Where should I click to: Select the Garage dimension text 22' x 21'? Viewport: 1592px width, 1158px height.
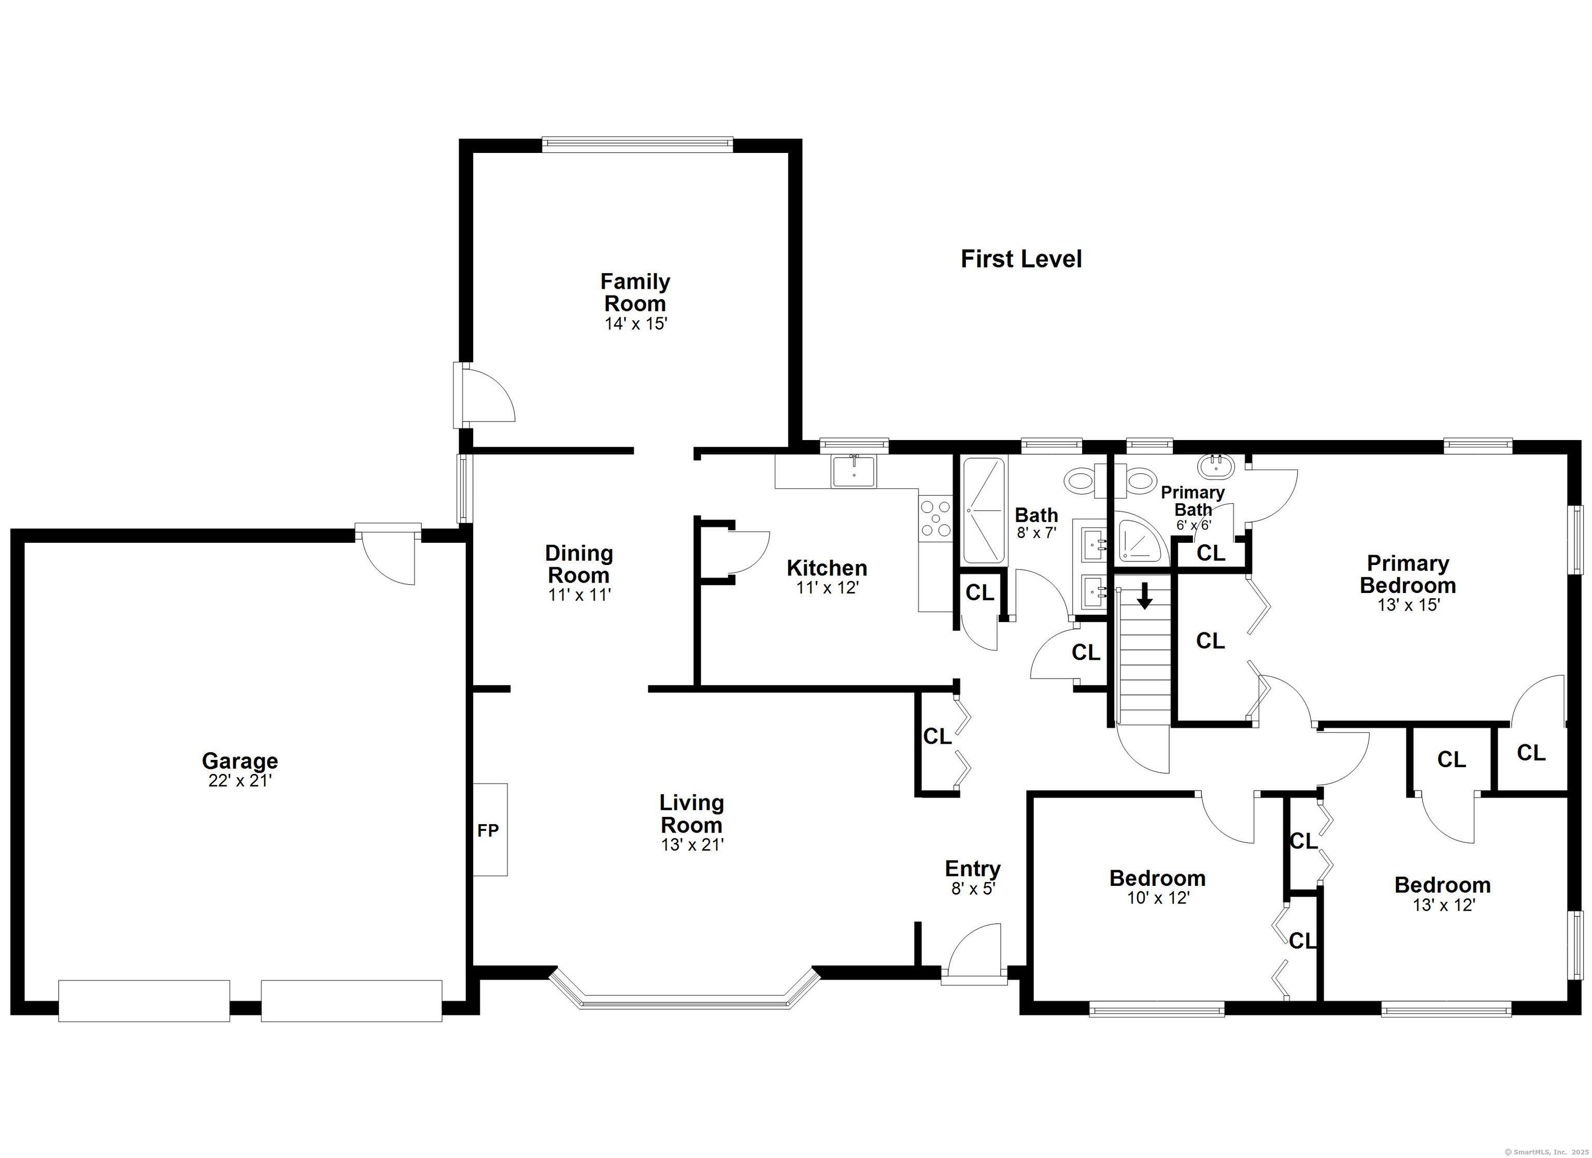pyautogui.click(x=239, y=780)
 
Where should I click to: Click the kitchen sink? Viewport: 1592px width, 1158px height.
pyautogui.click(x=854, y=471)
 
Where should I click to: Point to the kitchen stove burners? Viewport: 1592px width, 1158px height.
pyautogui.click(x=935, y=519)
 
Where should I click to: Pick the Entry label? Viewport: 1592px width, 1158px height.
pyautogui.click(x=972, y=869)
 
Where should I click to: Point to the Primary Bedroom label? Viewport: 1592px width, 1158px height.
pyautogui.click(x=1408, y=574)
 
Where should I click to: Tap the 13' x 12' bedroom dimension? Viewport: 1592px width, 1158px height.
pyautogui.click(x=1443, y=905)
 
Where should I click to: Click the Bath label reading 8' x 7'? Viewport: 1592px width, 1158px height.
pyautogui.click(x=1036, y=532)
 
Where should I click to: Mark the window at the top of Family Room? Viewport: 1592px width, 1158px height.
pyautogui.click(x=637, y=145)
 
